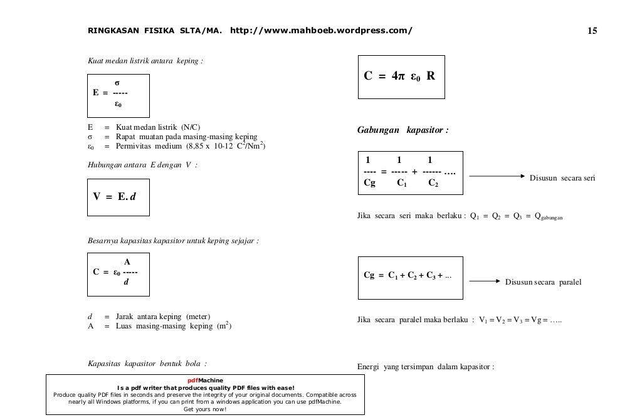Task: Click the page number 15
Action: coord(592,31)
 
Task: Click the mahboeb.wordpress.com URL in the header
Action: coord(322,31)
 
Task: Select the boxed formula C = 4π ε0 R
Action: coord(401,76)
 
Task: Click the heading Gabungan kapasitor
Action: coord(403,130)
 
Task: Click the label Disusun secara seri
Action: coord(562,178)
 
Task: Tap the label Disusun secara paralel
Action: coord(543,282)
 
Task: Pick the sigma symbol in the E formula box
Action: coord(117,82)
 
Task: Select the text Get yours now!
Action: coord(205,409)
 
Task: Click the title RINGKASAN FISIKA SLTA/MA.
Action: coord(154,31)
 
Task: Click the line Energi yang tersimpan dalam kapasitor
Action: coord(426,367)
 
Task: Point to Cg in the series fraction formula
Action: coord(370,183)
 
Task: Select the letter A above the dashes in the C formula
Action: coord(127,261)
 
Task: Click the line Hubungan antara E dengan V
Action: coord(142,165)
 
